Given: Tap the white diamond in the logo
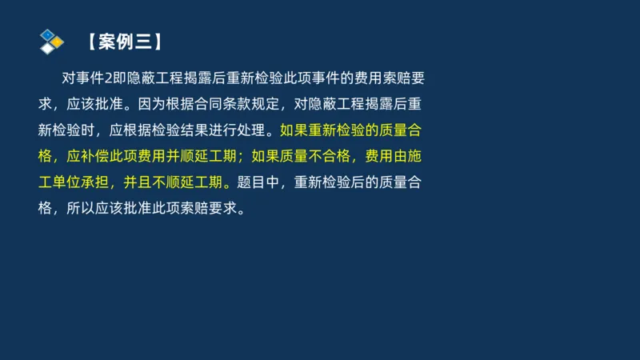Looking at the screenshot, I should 48,47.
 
